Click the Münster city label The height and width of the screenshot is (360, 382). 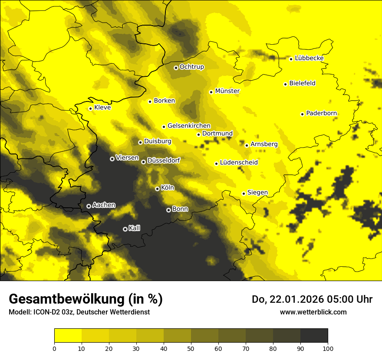tap(227, 91)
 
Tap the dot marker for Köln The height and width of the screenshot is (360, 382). tap(157, 189)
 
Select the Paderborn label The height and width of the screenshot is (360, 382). tap(321, 113)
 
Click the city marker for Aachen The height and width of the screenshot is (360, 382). tap(89, 206)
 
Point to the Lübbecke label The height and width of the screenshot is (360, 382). tap(309, 58)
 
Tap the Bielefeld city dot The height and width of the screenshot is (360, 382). tap(285, 84)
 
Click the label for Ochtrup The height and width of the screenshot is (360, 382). tap(191, 67)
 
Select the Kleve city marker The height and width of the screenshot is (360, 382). tap(90, 108)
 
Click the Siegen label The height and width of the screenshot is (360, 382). tap(257, 192)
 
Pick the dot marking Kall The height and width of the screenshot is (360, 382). tap(125, 229)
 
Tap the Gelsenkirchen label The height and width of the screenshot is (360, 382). tap(189, 126)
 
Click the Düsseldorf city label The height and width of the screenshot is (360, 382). tap(163, 160)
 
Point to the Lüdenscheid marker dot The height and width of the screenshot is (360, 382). tap(216, 164)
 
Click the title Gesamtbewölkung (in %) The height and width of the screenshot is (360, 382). tap(86, 299)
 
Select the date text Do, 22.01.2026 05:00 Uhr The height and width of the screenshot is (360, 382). tap(312, 299)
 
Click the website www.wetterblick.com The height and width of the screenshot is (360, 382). tap(313, 312)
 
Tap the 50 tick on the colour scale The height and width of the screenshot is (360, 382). tap(191, 348)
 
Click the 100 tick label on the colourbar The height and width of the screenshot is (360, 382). tap(327, 348)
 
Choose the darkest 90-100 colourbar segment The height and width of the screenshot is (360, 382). tap(314, 336)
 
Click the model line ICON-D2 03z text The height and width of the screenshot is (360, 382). tap(79, 312)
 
